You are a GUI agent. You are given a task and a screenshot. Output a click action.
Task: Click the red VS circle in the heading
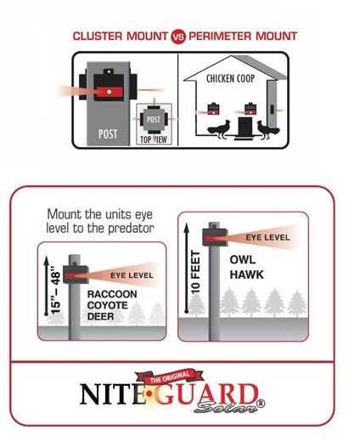click(x=178, y=37)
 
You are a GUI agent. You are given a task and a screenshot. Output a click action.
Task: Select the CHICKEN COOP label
click(x=230, y=78)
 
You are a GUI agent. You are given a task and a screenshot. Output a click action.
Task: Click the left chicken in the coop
click(x=219, y=129)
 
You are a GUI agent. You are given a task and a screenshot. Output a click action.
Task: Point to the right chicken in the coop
click(x=267, y=130)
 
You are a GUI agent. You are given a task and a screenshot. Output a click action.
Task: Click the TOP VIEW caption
click(x=153, y=139)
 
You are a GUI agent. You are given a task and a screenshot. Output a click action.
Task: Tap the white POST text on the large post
click(x=108, y=133)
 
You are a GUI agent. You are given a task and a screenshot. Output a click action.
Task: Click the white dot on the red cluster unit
click(x=109, y=92)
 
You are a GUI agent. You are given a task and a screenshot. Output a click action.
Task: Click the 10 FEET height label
click(x=195, y=272)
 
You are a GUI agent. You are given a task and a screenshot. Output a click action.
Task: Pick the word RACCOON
click(x=112, y=294)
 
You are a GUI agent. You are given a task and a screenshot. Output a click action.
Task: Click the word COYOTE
click(x=107, y=305)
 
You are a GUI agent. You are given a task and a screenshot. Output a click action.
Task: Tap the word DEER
click(x=100, y=316)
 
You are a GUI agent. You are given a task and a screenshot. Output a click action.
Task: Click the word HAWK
click(x=246, y=274)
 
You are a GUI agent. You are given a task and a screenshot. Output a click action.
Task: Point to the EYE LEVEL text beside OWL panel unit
click(x=267, y=237)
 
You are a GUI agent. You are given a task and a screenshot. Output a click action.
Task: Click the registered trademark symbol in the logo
click(x=262, y=404)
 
